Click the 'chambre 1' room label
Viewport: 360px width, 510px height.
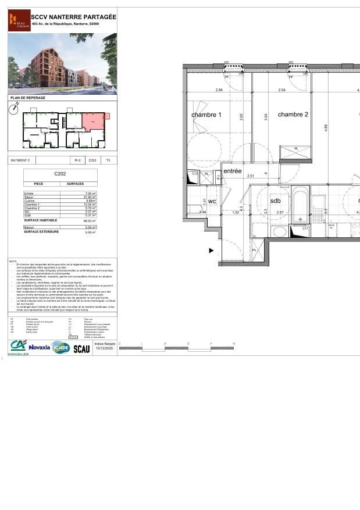(206, 115)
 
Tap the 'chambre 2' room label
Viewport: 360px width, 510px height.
(293, 115)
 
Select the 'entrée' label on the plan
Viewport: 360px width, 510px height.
(232, 171)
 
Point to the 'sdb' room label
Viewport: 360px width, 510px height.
(275, 201)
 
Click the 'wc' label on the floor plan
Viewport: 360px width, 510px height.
(212, 201)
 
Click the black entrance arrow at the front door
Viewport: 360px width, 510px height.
(212, 251)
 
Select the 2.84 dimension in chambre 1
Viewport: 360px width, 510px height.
(219, 90)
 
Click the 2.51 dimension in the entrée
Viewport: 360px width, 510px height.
(251, 176)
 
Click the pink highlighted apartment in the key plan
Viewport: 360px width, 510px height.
(94, 122)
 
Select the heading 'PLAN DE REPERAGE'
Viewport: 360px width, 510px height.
(23, 98)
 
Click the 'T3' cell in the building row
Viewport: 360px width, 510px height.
(108, 160)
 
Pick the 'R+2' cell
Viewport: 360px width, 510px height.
(78, 160)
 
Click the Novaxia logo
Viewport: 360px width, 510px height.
(39, 347)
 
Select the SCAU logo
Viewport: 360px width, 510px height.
(81, 348)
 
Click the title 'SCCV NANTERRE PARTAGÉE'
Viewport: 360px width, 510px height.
(65, 17)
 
